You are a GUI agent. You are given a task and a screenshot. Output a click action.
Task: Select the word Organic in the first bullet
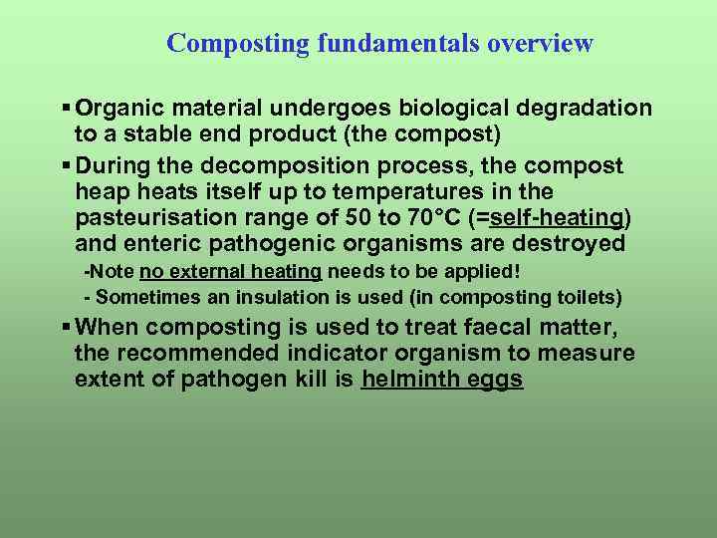click(x=119, y=108)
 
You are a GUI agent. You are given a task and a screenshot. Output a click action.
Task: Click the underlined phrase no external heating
click(x=230, y=272)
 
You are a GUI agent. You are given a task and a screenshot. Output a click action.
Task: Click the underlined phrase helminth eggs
click(x=442, y=380)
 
